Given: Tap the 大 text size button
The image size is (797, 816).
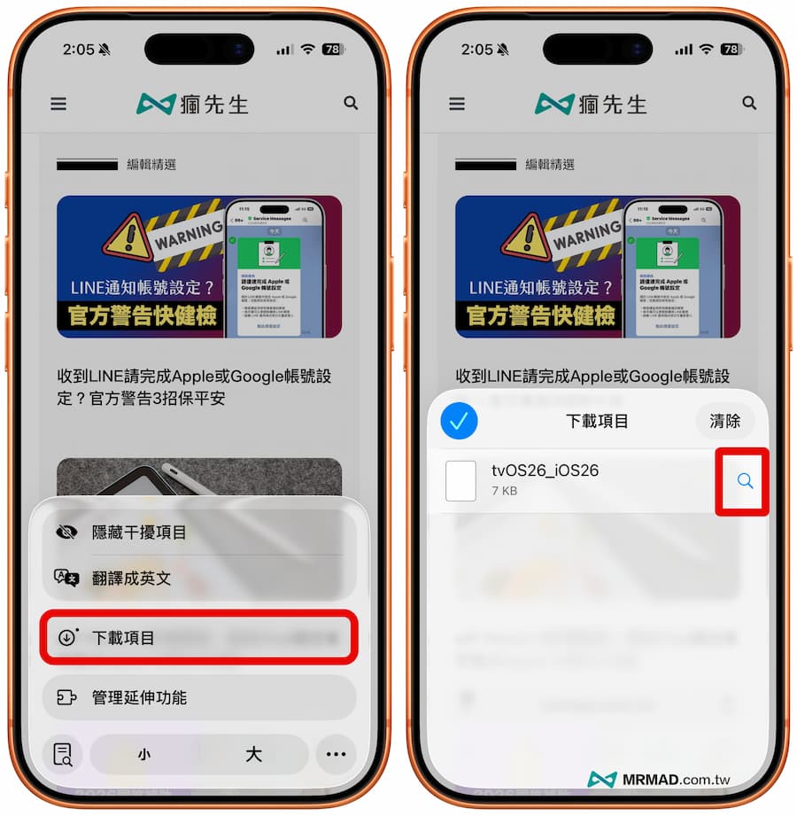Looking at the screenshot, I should click(253, 755).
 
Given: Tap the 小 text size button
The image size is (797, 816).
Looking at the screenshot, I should click(143, 755).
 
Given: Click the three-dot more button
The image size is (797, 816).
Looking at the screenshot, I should click(336, 755).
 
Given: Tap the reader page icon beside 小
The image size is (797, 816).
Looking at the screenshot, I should click(63, 755).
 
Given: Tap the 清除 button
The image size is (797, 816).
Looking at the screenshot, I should click(724, 421).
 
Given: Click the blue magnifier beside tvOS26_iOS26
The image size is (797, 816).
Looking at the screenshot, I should click(745, 481).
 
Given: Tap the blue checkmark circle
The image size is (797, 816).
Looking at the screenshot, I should click(459, 422).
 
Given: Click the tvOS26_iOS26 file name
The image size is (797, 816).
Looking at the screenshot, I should click(546, 470).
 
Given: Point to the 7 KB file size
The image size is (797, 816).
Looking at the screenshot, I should click(505, 491).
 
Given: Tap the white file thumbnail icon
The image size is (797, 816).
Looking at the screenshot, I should click(460, 481).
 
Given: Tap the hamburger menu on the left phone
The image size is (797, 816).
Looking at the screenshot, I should click(58, 104).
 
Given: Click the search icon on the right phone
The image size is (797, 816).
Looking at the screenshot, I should click(749, 104).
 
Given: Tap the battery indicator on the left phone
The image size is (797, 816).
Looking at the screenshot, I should click(334, 50).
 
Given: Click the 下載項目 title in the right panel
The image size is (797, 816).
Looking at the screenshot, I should click(597, 421).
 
